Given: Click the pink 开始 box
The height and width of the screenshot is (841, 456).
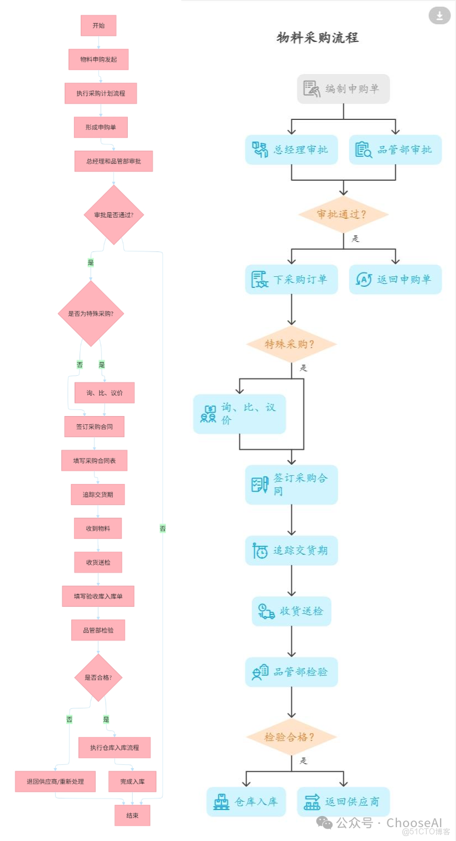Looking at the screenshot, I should (x=98, y=25).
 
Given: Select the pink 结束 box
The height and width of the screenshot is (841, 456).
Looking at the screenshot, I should (x=132, y=815).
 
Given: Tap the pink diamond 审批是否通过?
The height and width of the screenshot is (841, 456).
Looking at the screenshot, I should (x=114, y=215).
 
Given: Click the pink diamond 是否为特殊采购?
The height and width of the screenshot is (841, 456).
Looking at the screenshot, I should (x=91, y=313).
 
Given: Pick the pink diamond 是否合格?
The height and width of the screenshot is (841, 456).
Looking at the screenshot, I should (x=98, y=677).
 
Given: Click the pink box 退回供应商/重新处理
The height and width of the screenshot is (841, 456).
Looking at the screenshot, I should (x=55, y=781).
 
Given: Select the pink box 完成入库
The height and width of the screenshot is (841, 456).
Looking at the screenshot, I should (x=132, y=781).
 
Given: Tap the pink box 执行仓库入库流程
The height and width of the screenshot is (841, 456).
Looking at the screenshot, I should (x=114, y=748).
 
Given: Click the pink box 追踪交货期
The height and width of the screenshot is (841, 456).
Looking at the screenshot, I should (x=98, y=495).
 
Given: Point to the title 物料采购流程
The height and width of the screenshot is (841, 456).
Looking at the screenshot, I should (x=317, y=38).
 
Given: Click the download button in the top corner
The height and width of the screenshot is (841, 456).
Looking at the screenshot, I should (x=439, y=15).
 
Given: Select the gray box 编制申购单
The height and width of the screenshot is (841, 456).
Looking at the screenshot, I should (x=343, y=89).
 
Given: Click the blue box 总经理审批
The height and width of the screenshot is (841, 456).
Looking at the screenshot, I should (x=291, y=150).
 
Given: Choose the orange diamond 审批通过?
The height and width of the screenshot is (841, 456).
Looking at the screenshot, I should (x=343, y=214).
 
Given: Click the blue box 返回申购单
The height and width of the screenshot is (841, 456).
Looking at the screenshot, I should (x=395, y=280).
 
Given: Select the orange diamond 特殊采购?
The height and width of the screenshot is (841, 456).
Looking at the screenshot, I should (x=291, y=344).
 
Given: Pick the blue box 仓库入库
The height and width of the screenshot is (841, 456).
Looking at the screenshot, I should (x=246, y=802).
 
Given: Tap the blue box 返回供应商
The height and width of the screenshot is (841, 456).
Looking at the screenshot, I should (x=343, y=802).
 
